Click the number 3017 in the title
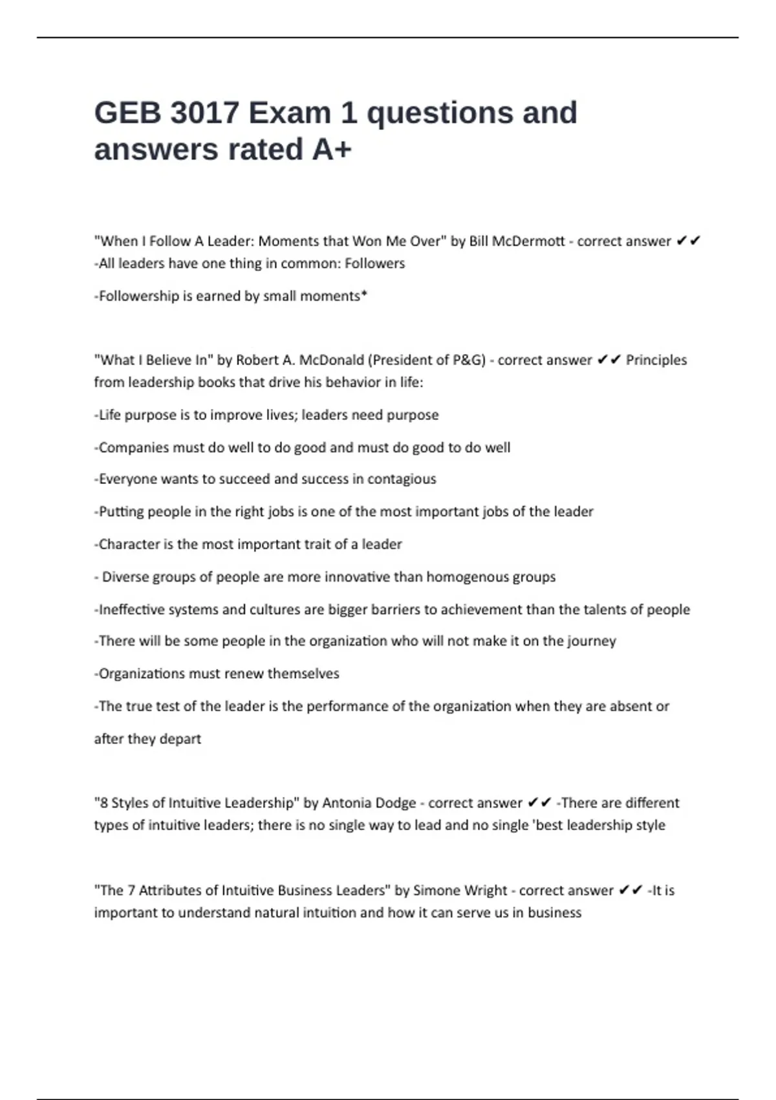point(204,113)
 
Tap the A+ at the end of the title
point(332,149)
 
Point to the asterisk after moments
point(364,295)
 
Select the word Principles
point(656,360)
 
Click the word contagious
point(402,479)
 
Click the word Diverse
point(124,577)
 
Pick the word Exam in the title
point(289,113)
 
